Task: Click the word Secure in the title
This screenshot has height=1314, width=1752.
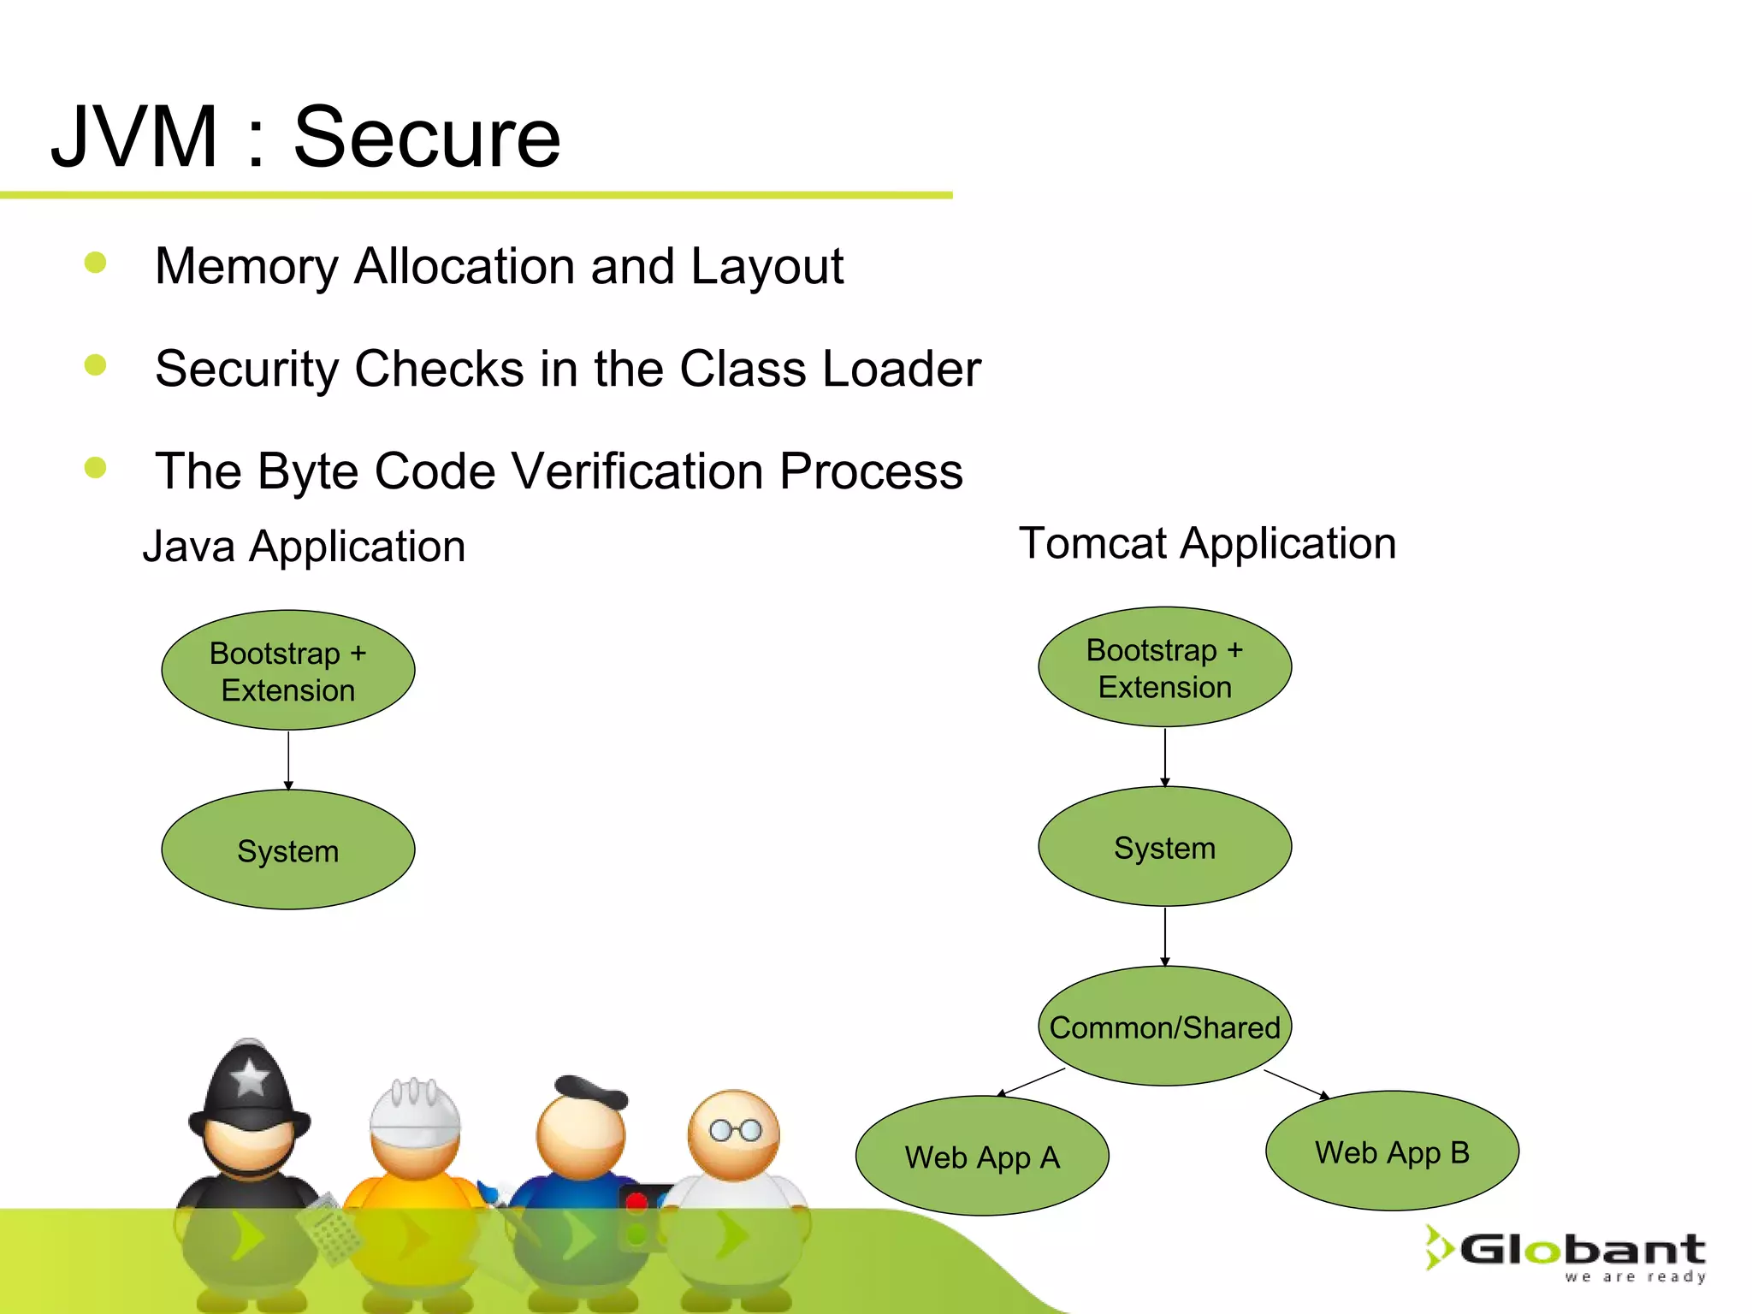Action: pos(426,137)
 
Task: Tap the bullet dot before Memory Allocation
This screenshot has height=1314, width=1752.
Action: pos(95,263)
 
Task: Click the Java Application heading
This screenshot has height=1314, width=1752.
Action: pos(304,547)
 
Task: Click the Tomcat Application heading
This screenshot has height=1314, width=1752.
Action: pos(1207,543)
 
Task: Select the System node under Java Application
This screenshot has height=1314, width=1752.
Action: pos(288,850)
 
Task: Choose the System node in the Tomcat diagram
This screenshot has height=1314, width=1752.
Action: pos(1164,847)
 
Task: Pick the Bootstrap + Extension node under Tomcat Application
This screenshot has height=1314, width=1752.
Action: pos(1164,667)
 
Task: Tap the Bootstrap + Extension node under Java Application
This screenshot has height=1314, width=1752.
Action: pos(288,671)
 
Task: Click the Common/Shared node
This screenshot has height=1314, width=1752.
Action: pos(1164,1027)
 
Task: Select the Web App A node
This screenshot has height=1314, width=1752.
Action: pos(982,1157)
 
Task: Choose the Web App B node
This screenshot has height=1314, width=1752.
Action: pos(1392,1151)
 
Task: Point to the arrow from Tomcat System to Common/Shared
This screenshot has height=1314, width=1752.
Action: pos(1165,936)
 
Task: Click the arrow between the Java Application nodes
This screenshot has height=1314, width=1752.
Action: pos(288,760)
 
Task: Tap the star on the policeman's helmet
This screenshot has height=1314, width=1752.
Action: pos(250,1077)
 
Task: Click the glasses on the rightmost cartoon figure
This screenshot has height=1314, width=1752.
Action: pos(736,1131)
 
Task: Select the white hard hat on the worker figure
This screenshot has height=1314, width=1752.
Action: pos(415,1111)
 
